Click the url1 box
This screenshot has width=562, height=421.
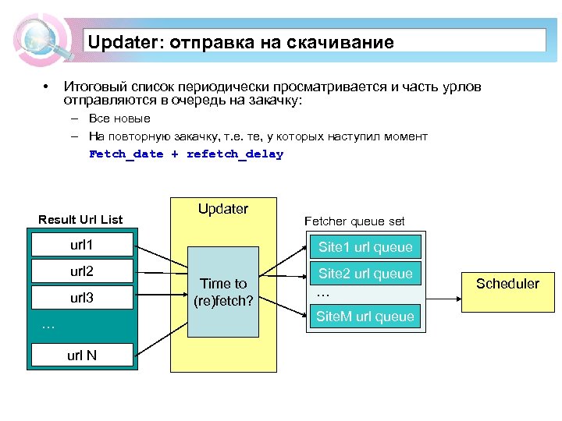click(x=81, y=246)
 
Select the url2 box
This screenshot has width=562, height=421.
click(x=81, y=272)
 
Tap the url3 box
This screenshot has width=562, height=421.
click(x=81, y=298)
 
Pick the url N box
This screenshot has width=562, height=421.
click(x=81, y=356)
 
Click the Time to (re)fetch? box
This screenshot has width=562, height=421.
click(x=223, y=292)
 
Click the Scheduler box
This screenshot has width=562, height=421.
click(x=507, y=283)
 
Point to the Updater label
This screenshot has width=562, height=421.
click(x=223, y=209)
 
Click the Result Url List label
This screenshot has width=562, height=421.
click(x=80, y=220)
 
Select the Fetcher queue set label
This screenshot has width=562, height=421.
click(x=354, y=221)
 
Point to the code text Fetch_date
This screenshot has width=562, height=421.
click(x=126, y=154)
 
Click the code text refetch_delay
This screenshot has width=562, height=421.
click(x=235, y=154)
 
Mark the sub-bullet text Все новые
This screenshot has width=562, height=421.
click(x=119, y=119)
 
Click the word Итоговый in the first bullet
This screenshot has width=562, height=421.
click(x=94, y=85)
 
